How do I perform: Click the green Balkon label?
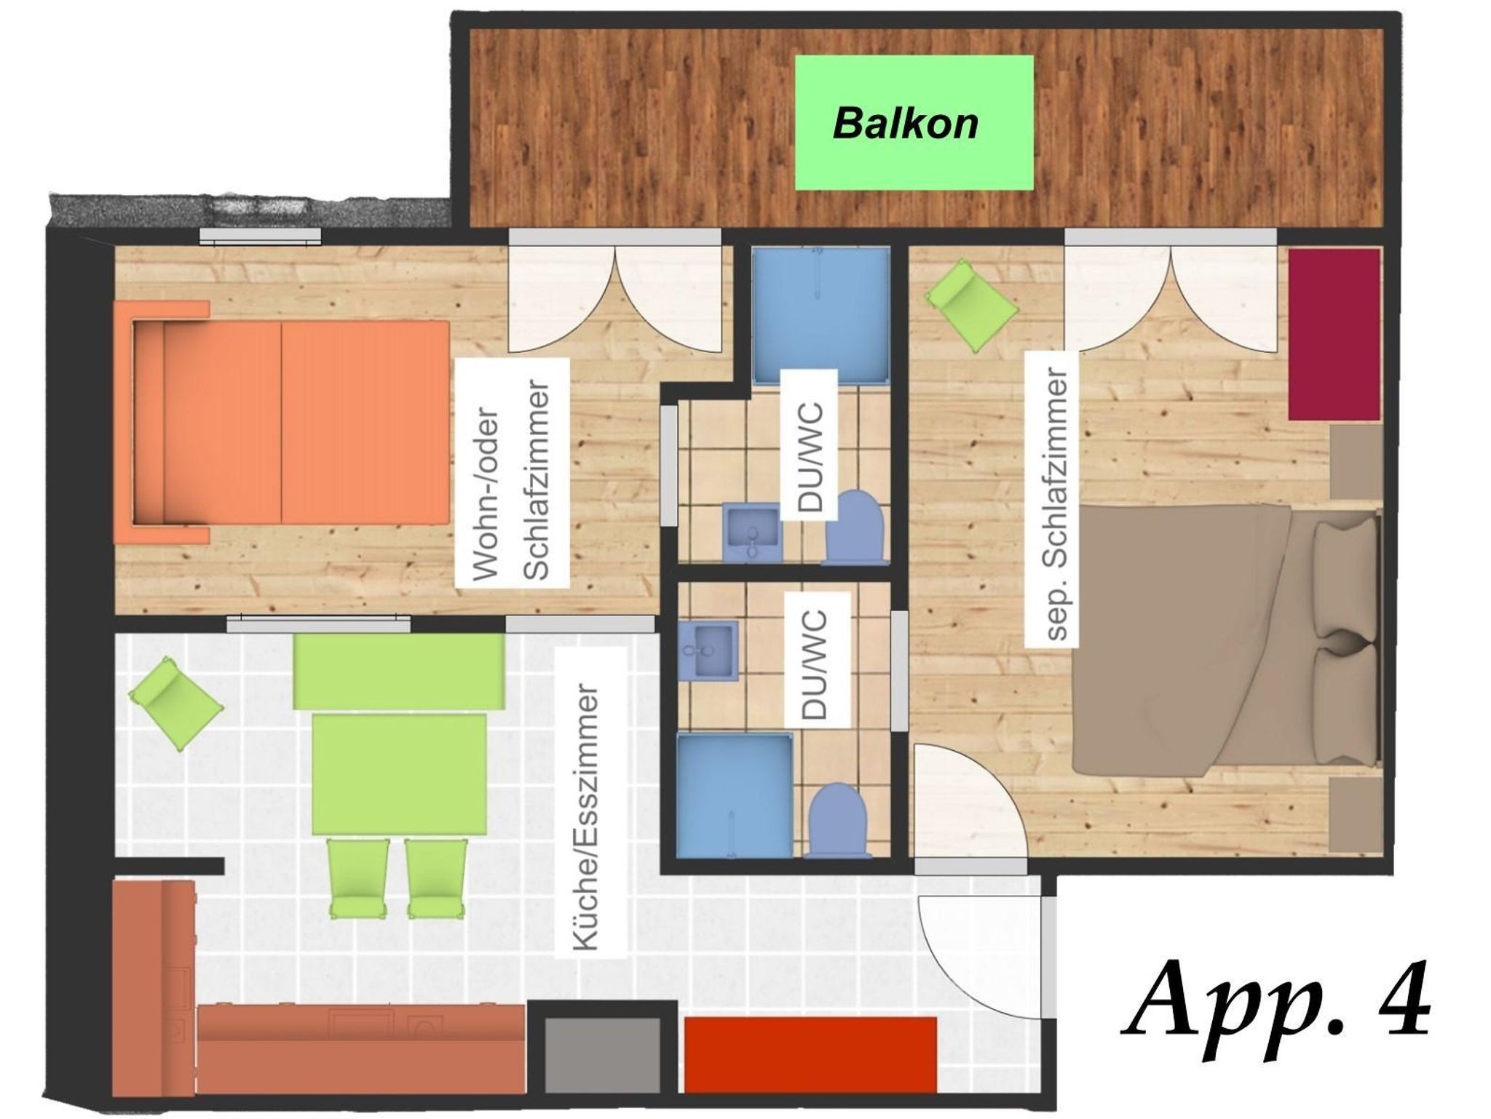(x=914, y=123)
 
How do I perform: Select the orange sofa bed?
(x=282, y=422)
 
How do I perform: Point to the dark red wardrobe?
(x=1334, y=334)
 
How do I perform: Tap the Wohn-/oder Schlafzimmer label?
(x=512, y=474)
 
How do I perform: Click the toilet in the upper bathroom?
(x=854, y=527)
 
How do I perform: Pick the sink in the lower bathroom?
(x=708, y=650)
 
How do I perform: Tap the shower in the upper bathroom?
(x=821, y=315)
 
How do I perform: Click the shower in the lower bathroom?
(x=735, y=796)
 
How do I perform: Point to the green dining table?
(x=400, y=774)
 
